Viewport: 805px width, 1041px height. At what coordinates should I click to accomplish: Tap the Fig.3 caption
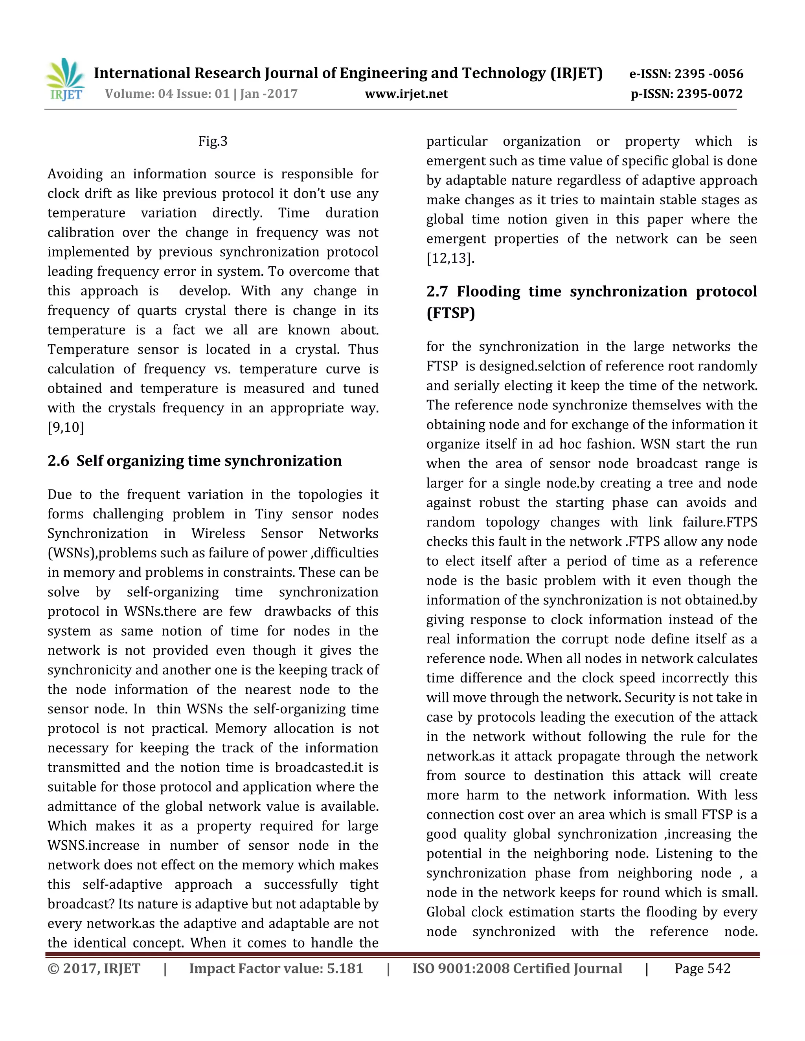pyautogui.click(x=213, y=141)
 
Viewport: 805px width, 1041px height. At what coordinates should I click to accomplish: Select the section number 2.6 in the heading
pyautogui.click(x=58, y=461)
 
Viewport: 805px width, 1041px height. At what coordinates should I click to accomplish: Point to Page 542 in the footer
pyautogui.click(x=702, y=969)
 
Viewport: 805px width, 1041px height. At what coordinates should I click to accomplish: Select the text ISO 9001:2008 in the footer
pyautogui.click(x=460, y=969)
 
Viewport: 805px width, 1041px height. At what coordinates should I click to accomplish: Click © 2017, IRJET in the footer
pyautogui.click(x=94, y=969)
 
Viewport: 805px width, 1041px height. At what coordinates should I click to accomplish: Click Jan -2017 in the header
pyautogui.click(x=268, y=94)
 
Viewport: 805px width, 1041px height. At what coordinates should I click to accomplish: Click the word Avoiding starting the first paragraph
pyautogui.click(x=75, y=174)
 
